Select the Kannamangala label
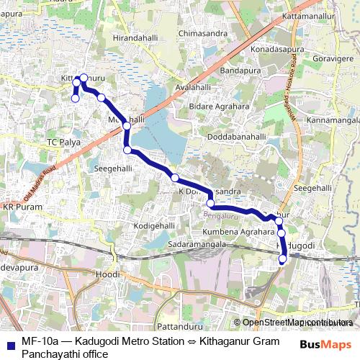tap(332, 120)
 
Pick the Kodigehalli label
tap(155, 226)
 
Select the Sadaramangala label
tap(197, 246)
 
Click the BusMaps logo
tap(328, 345)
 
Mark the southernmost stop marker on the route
tap(283, 258)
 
